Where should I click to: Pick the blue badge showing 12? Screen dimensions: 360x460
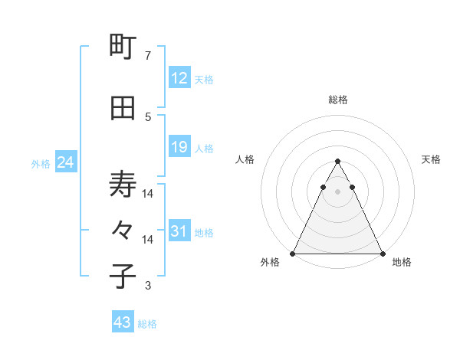tap(179, 78)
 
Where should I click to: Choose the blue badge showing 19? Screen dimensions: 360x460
tap(179, 147)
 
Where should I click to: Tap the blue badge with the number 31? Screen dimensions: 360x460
tap(179, 231)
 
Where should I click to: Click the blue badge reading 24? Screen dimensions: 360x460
tap(65, 162)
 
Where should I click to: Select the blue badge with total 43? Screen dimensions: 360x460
tap(123, 322)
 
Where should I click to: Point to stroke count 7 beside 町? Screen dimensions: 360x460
tap(148, 56)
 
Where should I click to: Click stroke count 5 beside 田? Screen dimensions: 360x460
tap(148, 116)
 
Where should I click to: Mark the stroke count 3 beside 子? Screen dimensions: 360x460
tap(148, 286)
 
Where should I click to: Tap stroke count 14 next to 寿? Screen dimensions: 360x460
tap(148, 194)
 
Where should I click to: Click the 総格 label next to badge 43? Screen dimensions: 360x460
tap(148, 324)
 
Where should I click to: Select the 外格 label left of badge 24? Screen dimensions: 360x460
tap(41, 164)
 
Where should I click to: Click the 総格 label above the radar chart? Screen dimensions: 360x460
tap(338, 100)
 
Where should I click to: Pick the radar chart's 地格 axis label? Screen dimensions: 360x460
tap(402, 262)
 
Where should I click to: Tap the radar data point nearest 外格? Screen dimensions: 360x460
tap(293, 254)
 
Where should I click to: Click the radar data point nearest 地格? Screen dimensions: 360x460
tap(382, 254)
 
